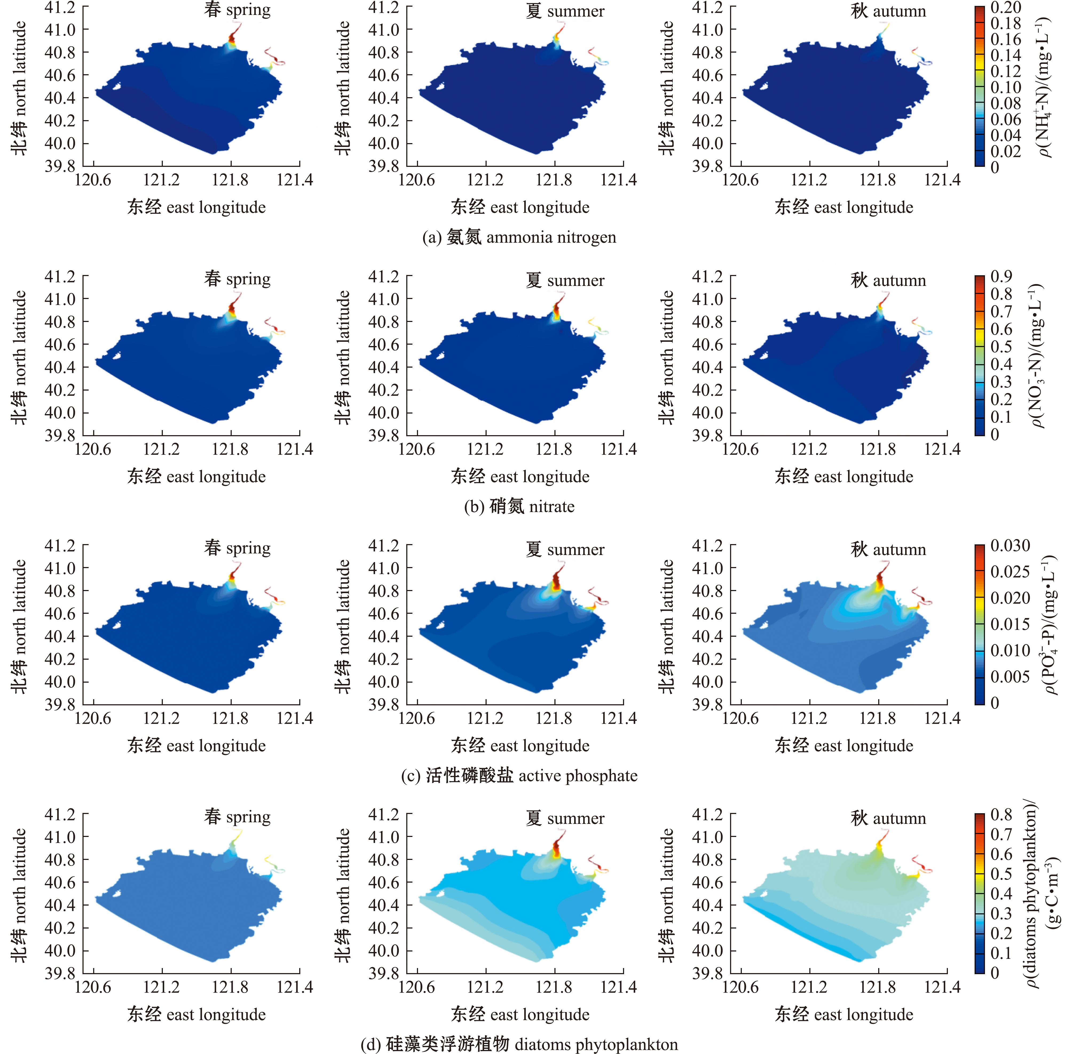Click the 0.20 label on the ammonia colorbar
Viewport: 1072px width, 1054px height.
click(x=1006, y=8)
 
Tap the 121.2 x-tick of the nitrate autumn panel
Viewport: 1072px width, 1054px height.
click(x=809, y=449)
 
